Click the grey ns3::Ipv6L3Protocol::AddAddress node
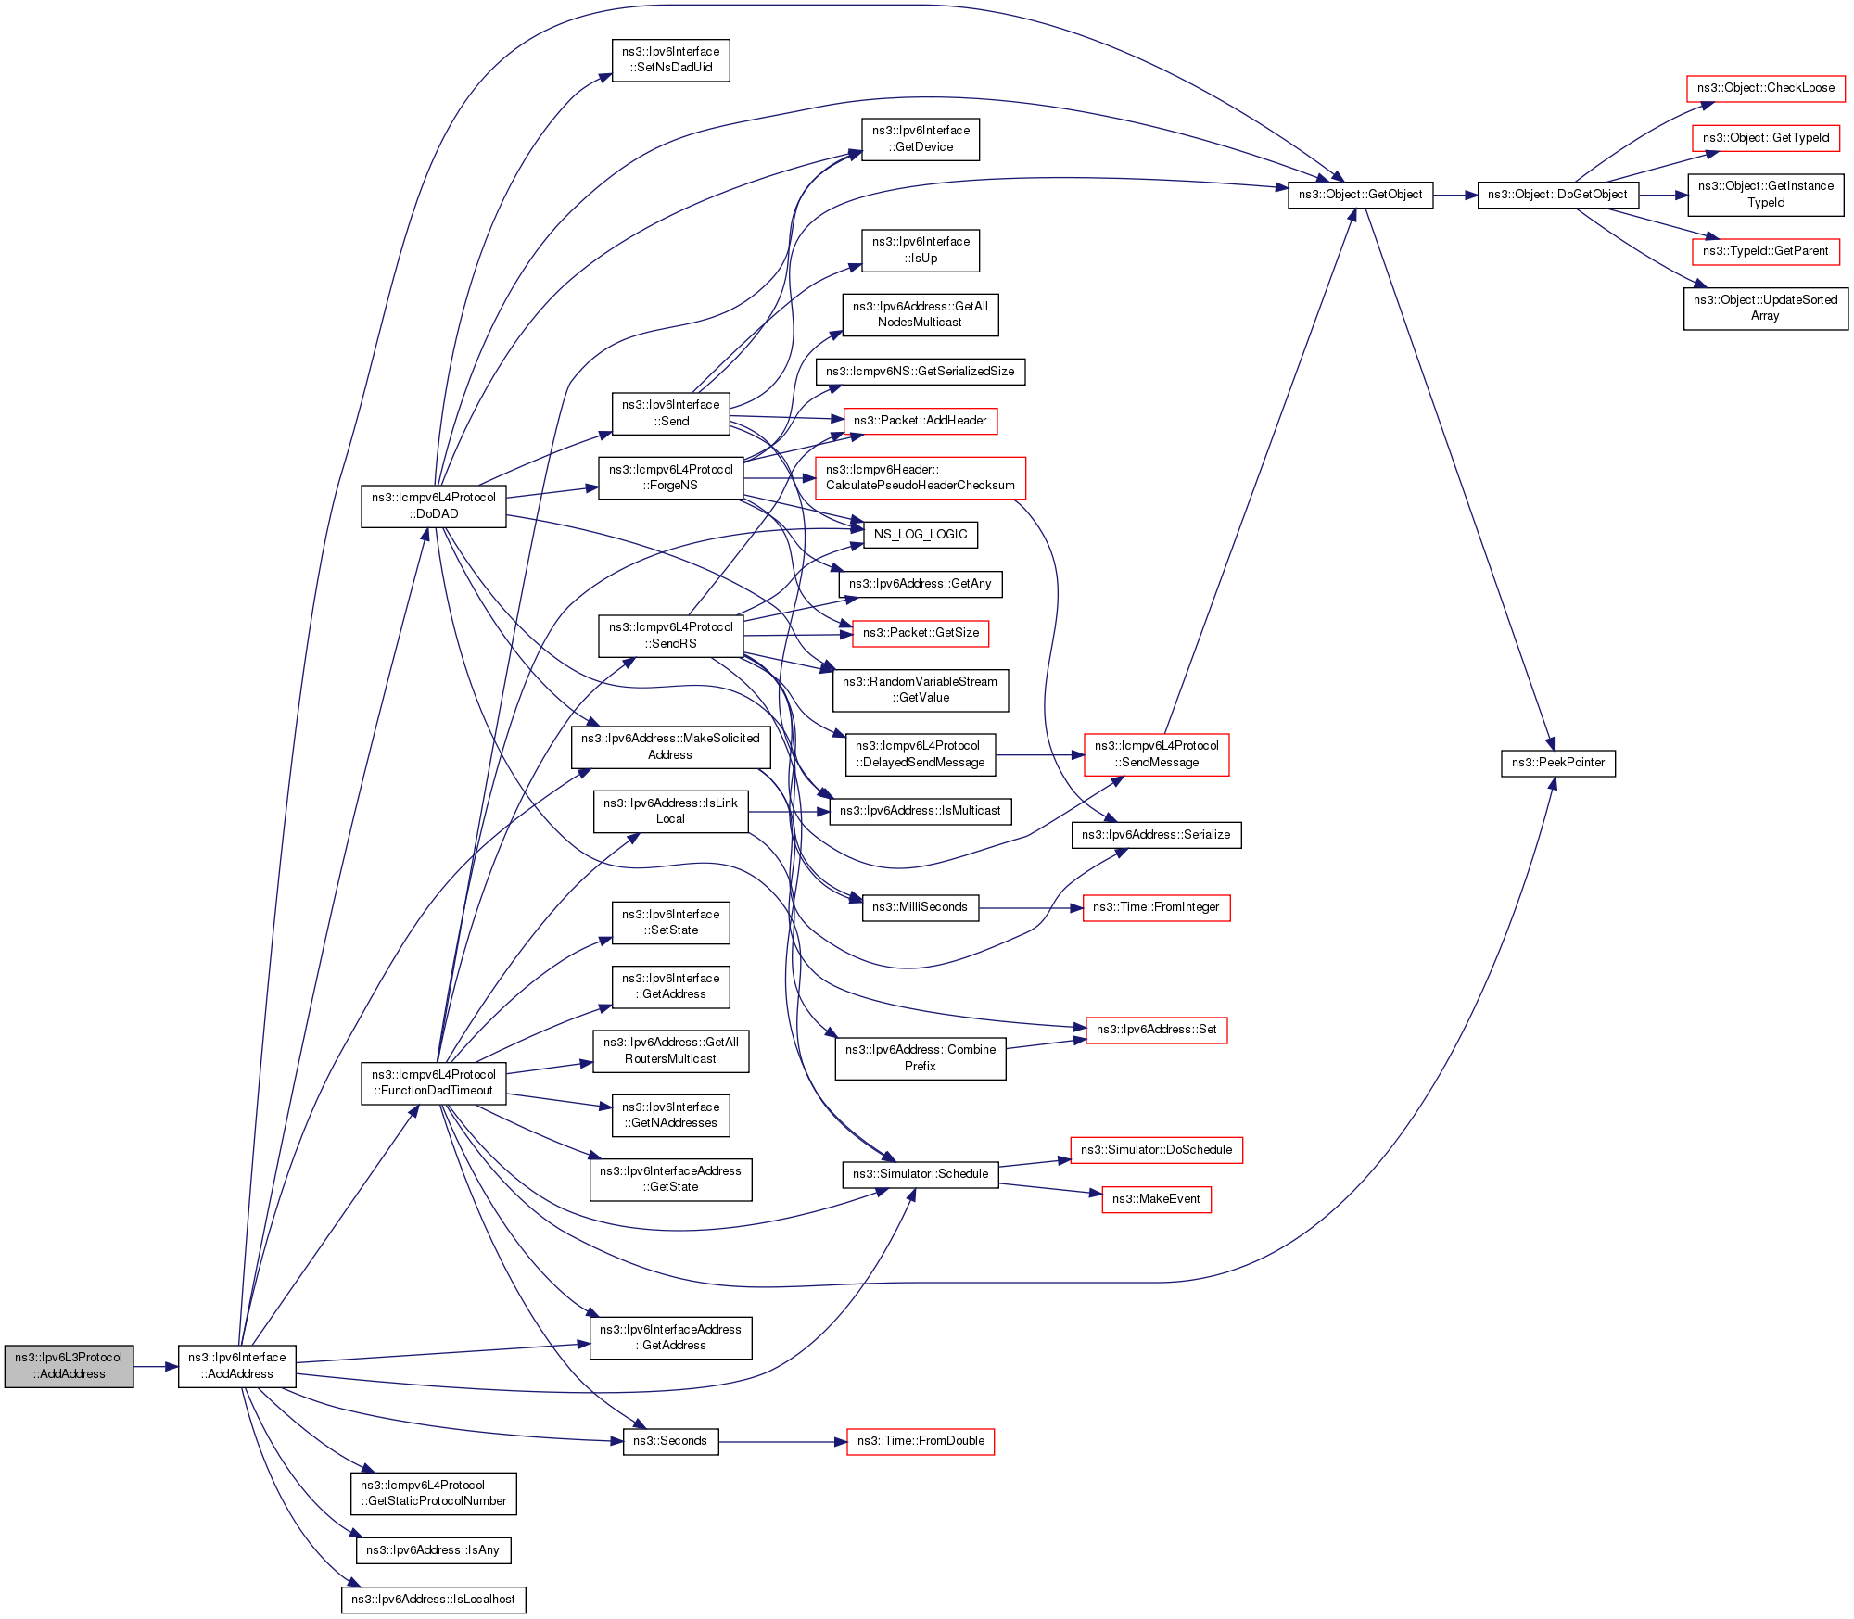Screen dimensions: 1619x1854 click(69, 1366)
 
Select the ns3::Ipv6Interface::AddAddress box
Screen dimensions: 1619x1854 click(237, 1366)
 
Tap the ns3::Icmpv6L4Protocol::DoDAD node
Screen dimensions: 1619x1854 click(434, 506)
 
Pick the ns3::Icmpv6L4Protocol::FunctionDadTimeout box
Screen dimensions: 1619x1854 click(434, 1082)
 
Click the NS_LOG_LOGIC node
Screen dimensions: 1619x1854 click(920, 535)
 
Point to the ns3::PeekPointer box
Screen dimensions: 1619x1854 click(1557, 763)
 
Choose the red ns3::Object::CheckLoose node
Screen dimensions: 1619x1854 click(1765, 88)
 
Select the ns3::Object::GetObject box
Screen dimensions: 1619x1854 click(1360, 195)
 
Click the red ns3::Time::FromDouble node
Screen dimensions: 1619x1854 click(921, 1441)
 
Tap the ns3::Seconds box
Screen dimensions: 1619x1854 click(670, 1441)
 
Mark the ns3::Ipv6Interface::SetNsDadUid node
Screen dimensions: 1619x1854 click(670, 59)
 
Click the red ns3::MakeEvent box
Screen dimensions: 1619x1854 click(1156, 1199)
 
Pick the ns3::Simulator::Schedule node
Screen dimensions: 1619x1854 click(920, 1174)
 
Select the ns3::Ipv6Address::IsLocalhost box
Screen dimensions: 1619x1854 click(433, 1600)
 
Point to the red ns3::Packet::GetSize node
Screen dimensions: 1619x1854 click(921, 633)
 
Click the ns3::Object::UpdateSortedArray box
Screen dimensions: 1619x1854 click(1765, 308)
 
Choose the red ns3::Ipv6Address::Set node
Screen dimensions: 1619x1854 click(1156, 1030)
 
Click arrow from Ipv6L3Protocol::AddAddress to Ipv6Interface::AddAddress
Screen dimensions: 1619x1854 click(156, 1367)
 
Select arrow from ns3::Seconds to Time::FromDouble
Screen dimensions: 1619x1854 click(782, 1442)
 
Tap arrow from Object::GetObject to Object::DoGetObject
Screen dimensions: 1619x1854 click(1455, 196)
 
